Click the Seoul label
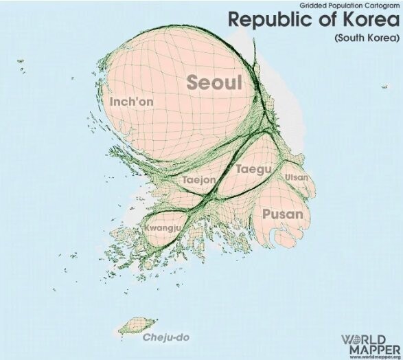215,83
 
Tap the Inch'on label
131,102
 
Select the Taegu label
253,168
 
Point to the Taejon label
199,180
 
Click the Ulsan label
297,177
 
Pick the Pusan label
282,214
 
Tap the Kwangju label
162,227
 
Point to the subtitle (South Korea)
367,38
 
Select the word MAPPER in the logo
371,348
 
